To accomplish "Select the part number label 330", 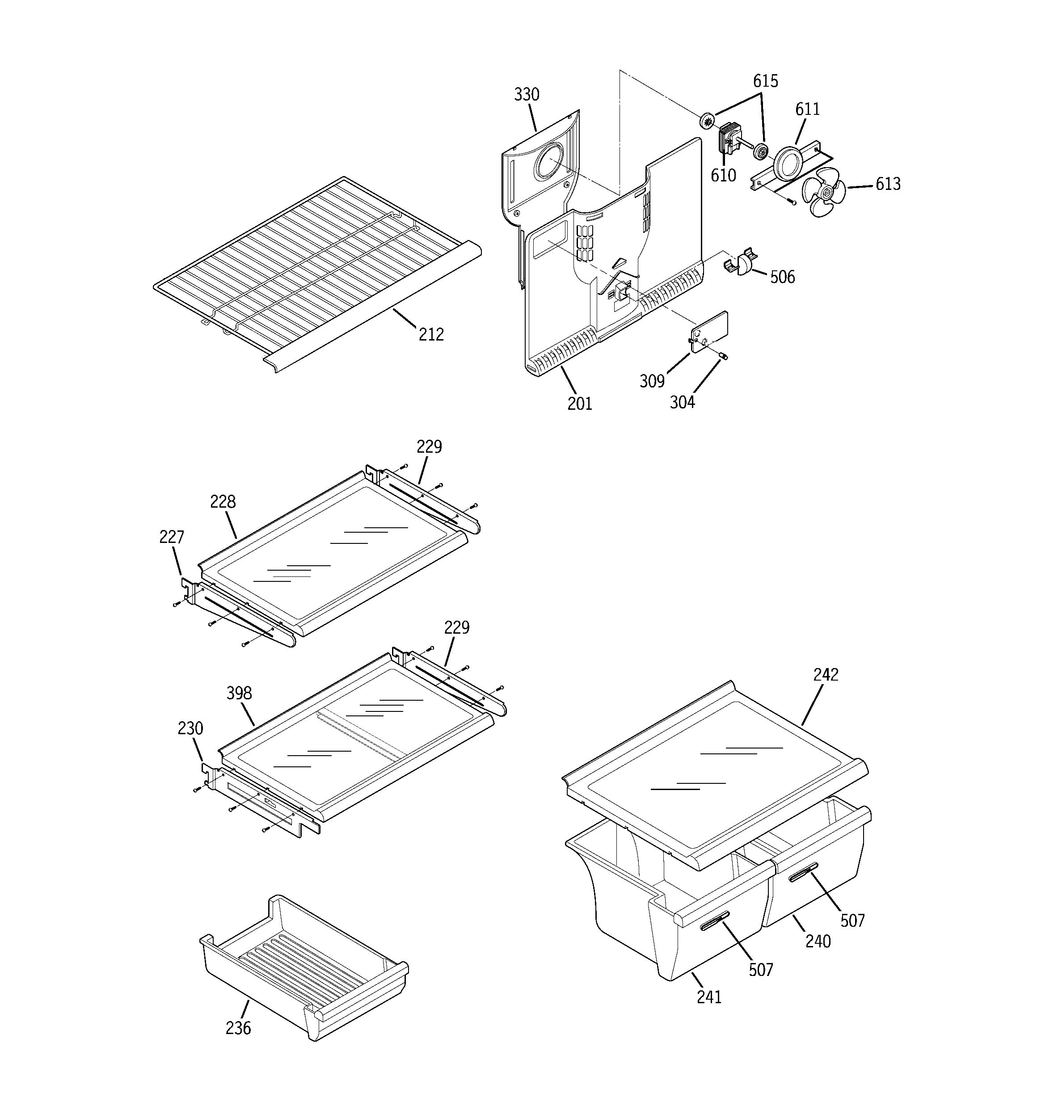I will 526,95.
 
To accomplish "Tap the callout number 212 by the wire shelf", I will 431,334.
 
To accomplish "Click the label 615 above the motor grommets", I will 765,81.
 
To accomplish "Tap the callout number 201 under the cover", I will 579,404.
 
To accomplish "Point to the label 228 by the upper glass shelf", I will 223,502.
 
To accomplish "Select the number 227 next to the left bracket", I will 172,537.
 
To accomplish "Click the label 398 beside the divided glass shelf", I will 239,693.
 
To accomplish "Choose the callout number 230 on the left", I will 190,728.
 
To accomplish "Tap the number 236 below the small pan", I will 238,1028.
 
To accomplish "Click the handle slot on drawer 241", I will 714,924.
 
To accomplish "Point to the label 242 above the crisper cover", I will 826,675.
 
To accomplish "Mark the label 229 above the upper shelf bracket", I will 429,447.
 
